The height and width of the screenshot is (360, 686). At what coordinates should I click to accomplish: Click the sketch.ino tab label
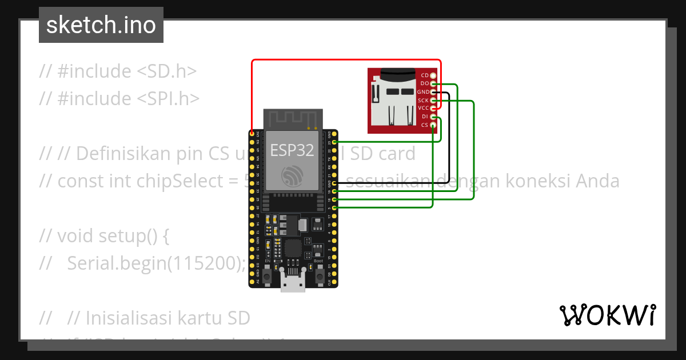tap(101, 25)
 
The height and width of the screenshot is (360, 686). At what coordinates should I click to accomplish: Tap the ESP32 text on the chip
tap(292, 150)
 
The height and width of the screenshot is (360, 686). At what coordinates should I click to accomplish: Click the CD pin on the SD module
tap(433, 75)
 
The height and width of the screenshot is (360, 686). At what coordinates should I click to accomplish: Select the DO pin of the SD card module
tap(433, 84)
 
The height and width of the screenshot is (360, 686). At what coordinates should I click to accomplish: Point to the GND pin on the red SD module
tap(433, 92)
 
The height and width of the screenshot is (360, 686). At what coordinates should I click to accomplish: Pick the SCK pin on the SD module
tap(433, 101)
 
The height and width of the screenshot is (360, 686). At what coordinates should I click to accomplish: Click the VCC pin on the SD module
tap(433, 109)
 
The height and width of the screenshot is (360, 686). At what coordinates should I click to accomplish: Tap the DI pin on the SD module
tap(433, 117)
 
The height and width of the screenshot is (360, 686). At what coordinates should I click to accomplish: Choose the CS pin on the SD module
tap(433, 125)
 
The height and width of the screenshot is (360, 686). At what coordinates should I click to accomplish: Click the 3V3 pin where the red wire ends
tap(252, 134)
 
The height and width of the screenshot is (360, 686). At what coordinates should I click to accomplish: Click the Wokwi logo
tap(607, 315)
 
